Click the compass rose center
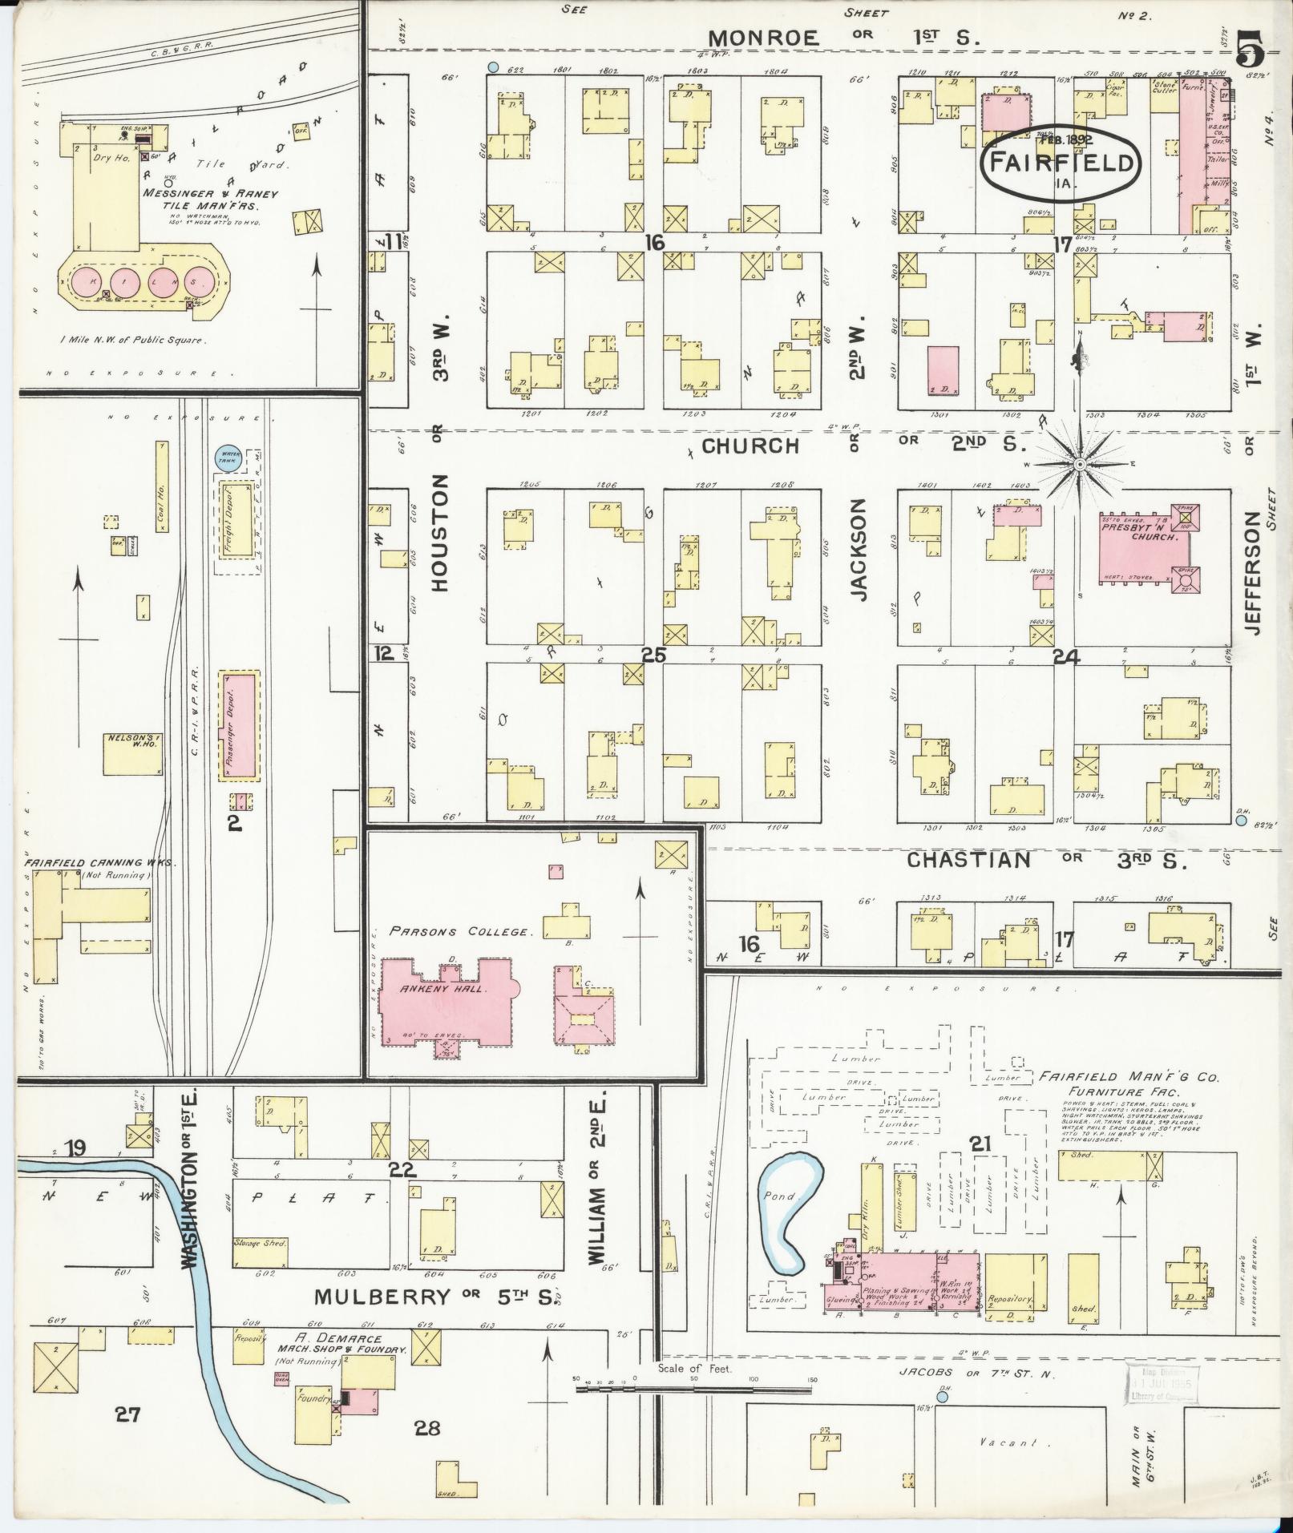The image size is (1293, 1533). pos(1080,464)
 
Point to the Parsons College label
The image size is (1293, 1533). pos(459,931)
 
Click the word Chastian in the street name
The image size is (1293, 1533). pos(968,860)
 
